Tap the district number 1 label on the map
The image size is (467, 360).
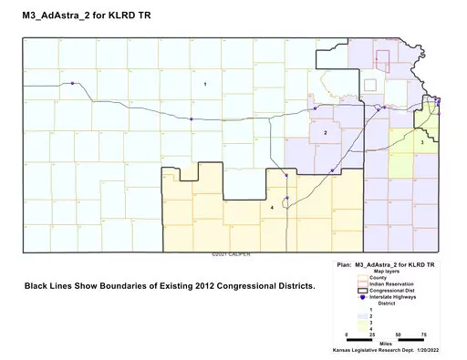coord(205,84)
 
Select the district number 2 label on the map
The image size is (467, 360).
coord(326,133)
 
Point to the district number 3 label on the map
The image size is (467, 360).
coord(422,142)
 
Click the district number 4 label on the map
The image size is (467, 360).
coord(273,208)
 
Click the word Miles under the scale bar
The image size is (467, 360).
coord(387,344)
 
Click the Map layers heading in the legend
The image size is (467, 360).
coord(386,270)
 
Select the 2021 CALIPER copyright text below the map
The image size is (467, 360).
coord(232,254)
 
